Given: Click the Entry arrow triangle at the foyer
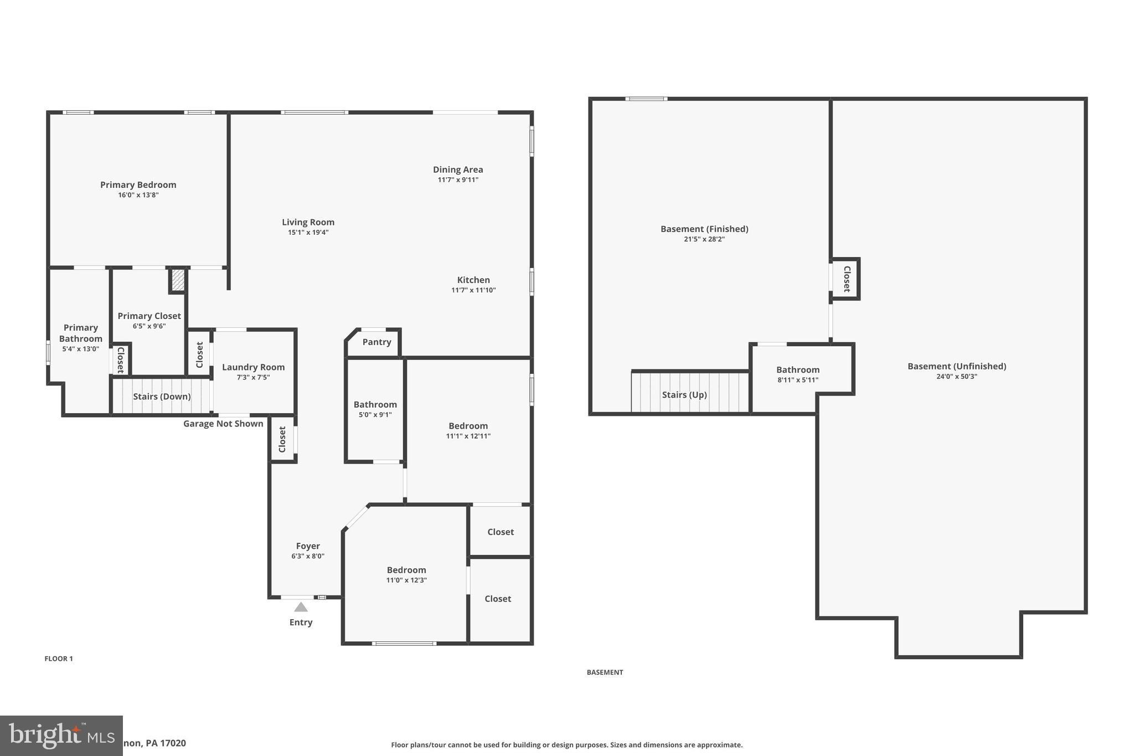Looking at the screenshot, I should tap(301, 607).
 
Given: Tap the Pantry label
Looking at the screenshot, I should tap(377, 342).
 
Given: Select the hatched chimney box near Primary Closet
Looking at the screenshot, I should tap(178, 280).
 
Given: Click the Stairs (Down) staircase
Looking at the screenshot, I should tap(162, 397).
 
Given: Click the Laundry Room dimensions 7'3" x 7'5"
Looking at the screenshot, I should tap(253, 378).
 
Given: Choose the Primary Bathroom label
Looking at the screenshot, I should tap(81, 333).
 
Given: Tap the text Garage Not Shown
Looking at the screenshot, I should tap(223, 424).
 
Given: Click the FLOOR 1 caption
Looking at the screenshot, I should tap(59, 659).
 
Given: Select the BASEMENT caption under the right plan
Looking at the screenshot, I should tap(605, 672).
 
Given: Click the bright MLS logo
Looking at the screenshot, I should tap(61, 736).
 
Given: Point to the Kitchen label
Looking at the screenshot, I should tap(473, 280).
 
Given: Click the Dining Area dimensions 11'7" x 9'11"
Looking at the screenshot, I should tap(458, 180).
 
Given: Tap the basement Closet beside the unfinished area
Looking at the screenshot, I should tap(846, 279).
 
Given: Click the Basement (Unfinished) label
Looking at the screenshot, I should tap(956, 366).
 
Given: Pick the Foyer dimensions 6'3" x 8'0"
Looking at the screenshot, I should tap(308, 557).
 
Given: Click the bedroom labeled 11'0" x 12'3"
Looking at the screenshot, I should tap(406, 575).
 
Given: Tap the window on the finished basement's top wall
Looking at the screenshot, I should tap(646, 99).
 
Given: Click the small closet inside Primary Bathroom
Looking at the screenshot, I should tap(120, 360).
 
